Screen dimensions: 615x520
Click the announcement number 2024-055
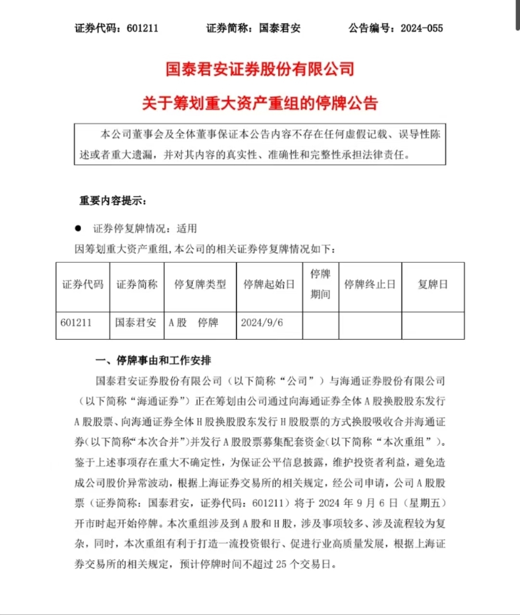pyautogui.click(x=421, y=28)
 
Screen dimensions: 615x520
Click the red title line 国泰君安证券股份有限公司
pyautogui.click(x=260, y=69)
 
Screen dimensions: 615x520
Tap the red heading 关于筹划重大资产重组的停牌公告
pyautogui.click(x=260, y=103)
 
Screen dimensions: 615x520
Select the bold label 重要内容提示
pyautogui.click(x=113, y=201)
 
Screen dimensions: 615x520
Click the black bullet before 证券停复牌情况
pyautogui.click(x=78, y=228)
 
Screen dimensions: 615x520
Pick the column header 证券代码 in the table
pyautogui.click(x=83, y=284)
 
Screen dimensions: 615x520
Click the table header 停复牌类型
pyautogui.click(x=200, y=284)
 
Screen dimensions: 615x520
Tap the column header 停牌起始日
pyautogui.click(x=269, y=284)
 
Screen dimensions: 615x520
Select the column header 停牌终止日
pyautogui.click(x=370, y=284)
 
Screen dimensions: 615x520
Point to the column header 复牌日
pyautogui.click(x=433, y=284)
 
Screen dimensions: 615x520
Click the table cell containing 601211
pyautogui.click(x=76, y=322)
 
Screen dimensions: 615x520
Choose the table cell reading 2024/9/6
pyautogui.click(x=262, y=322)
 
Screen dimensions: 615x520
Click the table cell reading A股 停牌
pyautogui.click(x=194, y=322)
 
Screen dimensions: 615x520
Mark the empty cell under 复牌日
pyautogui.click(x=433, y=325)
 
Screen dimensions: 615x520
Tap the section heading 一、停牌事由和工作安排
pyautogui.click(x=153, y=360)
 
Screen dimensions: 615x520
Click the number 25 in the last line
pyautogui.click(x=281, y=564)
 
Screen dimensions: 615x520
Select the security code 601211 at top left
pyautogui.click(x=142, y=28)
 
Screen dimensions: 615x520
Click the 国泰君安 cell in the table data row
pyautogui.click(x=136, y=322)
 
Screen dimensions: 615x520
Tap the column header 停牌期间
pyautogui.click(x=320, y=284)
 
